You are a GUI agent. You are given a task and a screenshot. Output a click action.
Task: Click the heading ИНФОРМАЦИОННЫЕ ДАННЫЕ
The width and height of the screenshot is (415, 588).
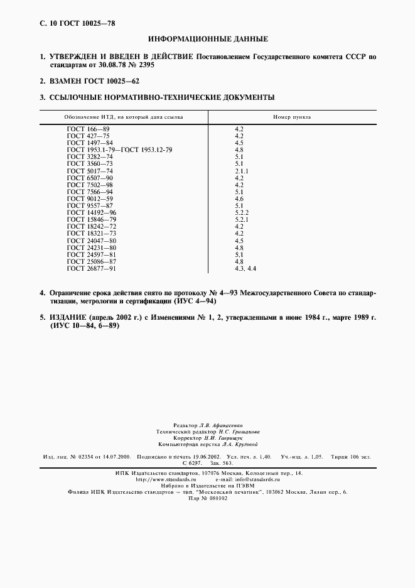207,39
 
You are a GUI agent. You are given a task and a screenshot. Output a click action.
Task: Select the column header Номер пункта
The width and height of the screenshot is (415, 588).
292,117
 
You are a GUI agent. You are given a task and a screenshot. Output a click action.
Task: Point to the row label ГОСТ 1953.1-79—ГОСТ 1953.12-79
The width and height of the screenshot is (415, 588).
119,150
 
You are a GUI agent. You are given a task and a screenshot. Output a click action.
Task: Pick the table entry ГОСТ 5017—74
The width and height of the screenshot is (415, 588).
90,171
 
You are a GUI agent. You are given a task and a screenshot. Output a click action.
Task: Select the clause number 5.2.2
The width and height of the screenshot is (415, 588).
242,212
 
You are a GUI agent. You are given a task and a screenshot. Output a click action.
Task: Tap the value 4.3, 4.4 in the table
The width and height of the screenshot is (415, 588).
245,268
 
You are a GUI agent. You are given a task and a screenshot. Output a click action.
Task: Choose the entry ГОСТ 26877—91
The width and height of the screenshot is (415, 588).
92,268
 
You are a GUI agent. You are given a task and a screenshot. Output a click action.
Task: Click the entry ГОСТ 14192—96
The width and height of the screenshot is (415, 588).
92,212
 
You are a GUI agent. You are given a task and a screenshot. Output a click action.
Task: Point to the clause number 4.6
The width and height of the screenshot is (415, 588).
239,199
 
